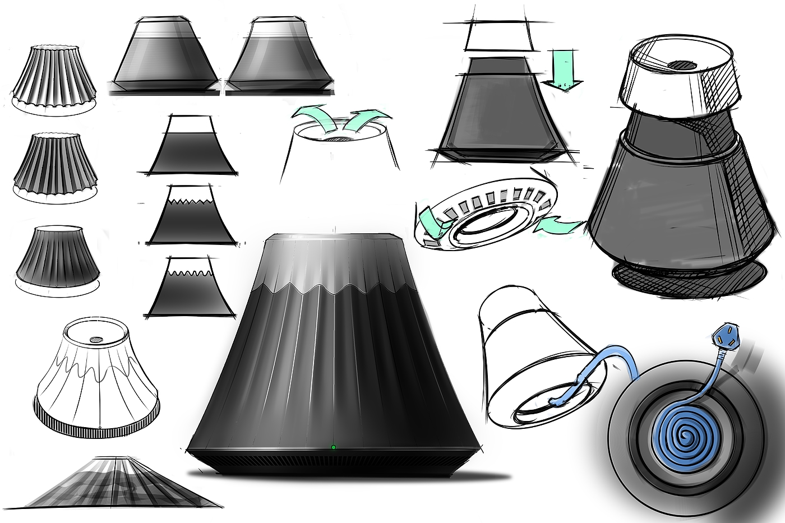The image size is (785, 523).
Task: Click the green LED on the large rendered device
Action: pyautogui.click(x=334, y=447)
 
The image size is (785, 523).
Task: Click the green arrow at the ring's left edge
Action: pyautogui.click(x=432, y=222)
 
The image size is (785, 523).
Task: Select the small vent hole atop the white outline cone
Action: pyautogui.click(x=96, y=339)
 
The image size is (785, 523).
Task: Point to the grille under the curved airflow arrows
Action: pyautogui.click(x=338, y=138)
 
